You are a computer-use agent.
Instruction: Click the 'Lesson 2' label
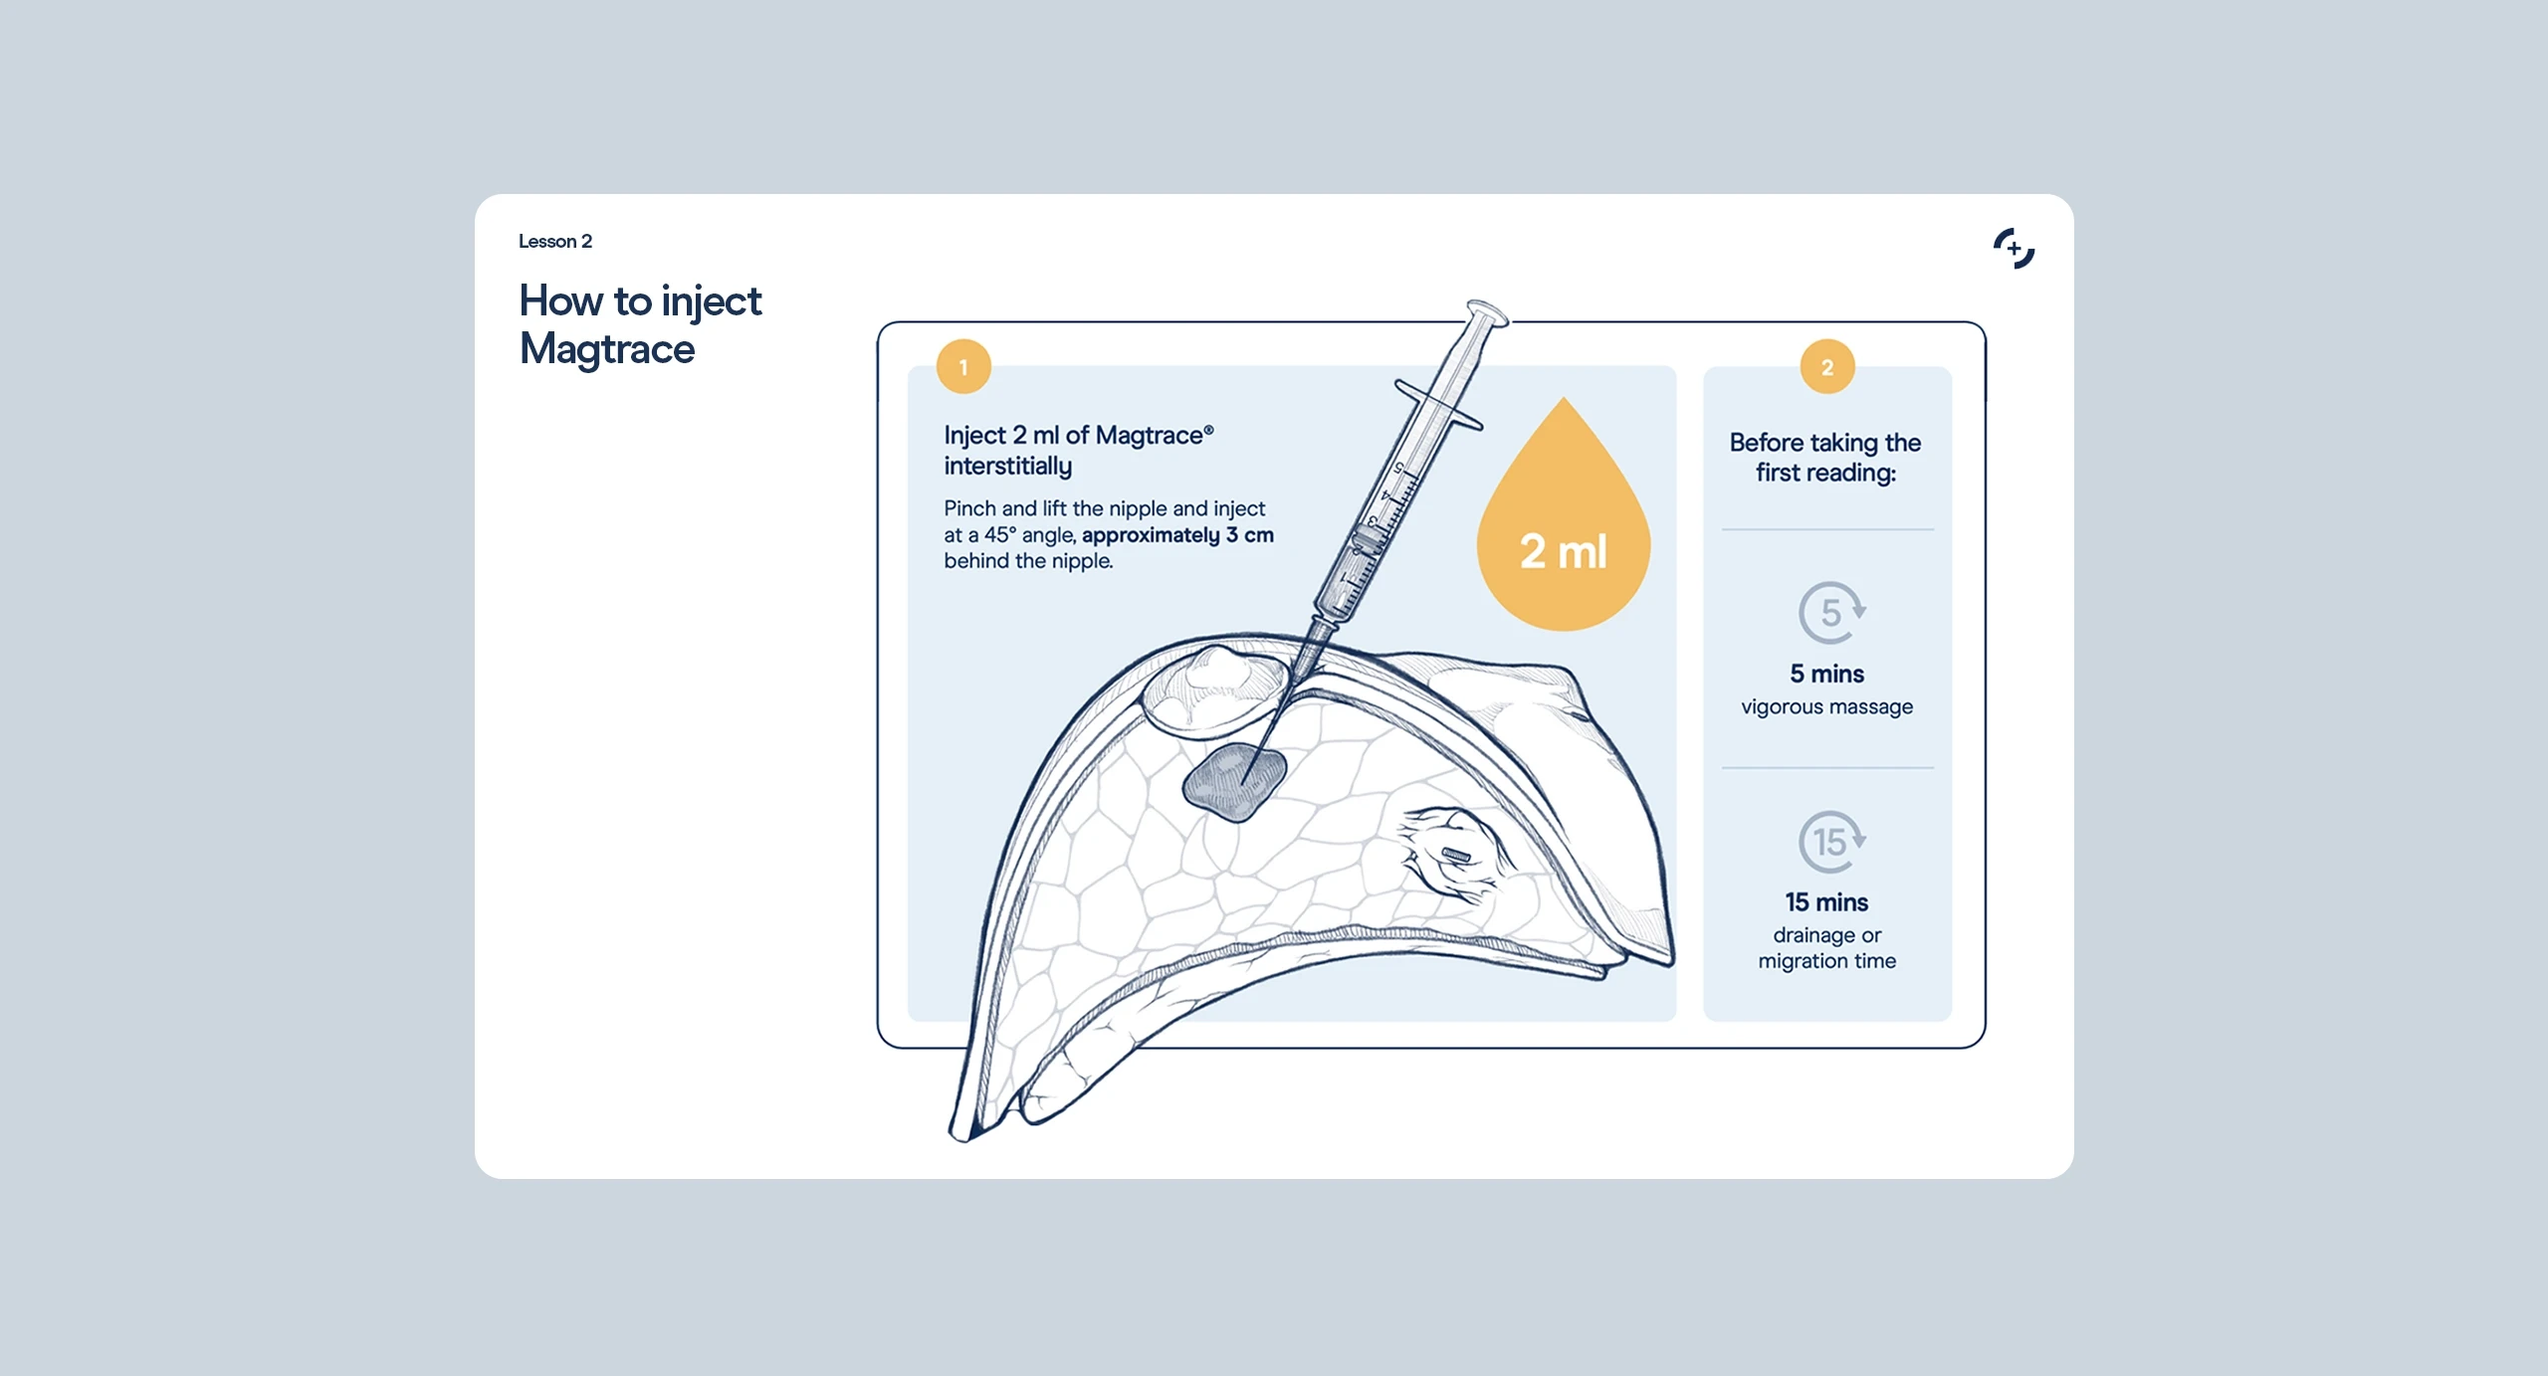[555, 241]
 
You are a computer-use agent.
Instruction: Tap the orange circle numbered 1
[963, 367]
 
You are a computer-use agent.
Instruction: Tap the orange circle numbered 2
[1827, 367]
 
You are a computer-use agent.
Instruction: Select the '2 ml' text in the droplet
[1563, 552]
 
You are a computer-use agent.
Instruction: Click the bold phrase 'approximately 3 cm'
[1177, 535]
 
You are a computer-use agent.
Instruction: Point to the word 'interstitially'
[1008, 467]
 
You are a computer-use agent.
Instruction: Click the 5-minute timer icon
[1831, 612]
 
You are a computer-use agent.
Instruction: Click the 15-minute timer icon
[1831, 842]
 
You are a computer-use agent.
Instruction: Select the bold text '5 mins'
[1827, 675]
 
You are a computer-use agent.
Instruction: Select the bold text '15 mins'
[1827, 902]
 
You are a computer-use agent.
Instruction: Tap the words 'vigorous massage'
[1827, 707]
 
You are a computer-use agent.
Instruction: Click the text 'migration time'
[1827, 961]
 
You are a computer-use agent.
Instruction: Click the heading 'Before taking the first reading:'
[1825, 458]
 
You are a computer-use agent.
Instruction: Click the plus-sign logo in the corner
[2014, 249]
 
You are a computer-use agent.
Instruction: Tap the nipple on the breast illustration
[1214, 687]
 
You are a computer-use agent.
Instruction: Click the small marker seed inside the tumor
[1456, 855]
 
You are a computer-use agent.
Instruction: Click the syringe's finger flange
[1438, 405]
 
